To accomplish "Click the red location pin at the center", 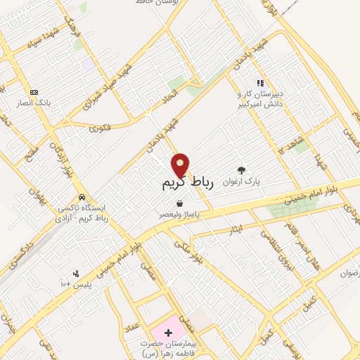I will (x=181, y=165).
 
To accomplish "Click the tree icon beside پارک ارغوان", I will (x=242, y=170).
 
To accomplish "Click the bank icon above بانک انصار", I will (x=33, y=92).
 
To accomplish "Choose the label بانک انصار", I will (x=33, y=103).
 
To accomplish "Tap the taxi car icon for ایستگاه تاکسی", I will (x=82, y=197).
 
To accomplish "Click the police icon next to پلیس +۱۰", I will (x=76, y=274).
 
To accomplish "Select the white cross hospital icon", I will (x=167, y=331).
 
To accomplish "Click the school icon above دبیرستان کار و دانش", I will (x=260, y=83).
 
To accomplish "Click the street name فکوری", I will (x=101, y=128).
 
